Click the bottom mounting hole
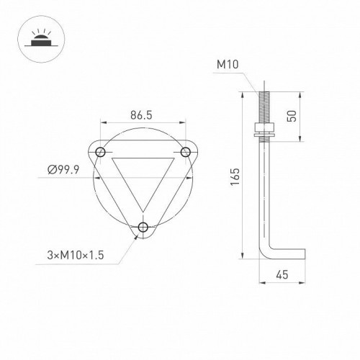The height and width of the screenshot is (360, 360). click(143, 228)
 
